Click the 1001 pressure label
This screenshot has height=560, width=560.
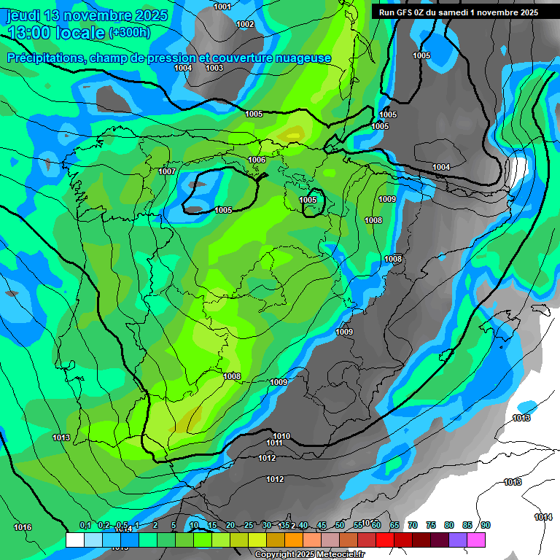pyautogui.click(x=222, y=7)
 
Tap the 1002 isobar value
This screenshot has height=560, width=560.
pyautogui.click(x=245, y=24)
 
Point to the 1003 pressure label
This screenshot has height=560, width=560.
pyautogui.click(x=214, y=68)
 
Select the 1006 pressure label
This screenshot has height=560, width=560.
pyautogui.click(x=257, y=160)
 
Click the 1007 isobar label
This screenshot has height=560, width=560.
pyautogui.click(x=167, y=171)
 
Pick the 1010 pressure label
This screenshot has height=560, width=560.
pyautogui.click(x=281, y=436)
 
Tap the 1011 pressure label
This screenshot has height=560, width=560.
pyautogui.click(x=274, y=443)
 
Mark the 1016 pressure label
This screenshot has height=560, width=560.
pyautogui.click(x=23, y=527)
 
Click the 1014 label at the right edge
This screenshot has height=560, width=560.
pyautogui.click(x=542, y=517)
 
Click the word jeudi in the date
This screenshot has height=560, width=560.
pyautogui.click(x=24, y=15)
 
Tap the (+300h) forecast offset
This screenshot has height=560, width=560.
pyautogui.click(x=129, y=33)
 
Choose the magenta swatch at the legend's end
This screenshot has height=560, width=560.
pyautogui.click(x=475, y=540)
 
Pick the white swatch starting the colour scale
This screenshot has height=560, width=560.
pyautogui.click(x=74, y=540)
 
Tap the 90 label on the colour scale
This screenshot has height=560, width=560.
pyautogui.click(x=486, y=526)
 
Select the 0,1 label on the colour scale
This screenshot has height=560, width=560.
pyautogui.click(x=85, y=526)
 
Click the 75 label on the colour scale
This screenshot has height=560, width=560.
pyautogui.click(x=431, y=526)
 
